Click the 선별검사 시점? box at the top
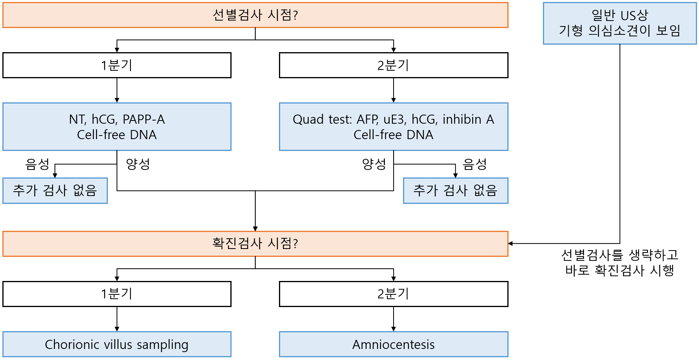tap(255, 15)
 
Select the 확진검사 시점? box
tap(255, 243)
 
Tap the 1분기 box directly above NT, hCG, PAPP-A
tap(117, 65)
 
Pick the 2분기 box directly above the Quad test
tap(394, 65)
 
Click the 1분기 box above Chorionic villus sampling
tap(117, 294)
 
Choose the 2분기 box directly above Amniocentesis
tap(394, 294)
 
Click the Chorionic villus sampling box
tap(117, 344)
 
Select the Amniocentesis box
tap(394, 344)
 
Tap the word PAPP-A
tap(144, 119)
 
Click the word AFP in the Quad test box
tap(367, 119)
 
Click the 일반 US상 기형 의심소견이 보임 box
tap(620, 23)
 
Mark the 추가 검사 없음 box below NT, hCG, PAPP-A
tap(55, 190)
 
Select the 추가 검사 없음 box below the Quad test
tap(456, 190)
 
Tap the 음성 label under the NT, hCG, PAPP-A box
tap(37, 164)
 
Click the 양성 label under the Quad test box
tap(374, 164)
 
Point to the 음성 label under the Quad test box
tap(475, 164)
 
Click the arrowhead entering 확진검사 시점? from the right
tap(511, 243)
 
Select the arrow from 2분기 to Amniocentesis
tap(394, 319)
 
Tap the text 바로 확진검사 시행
tap(620, 270)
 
